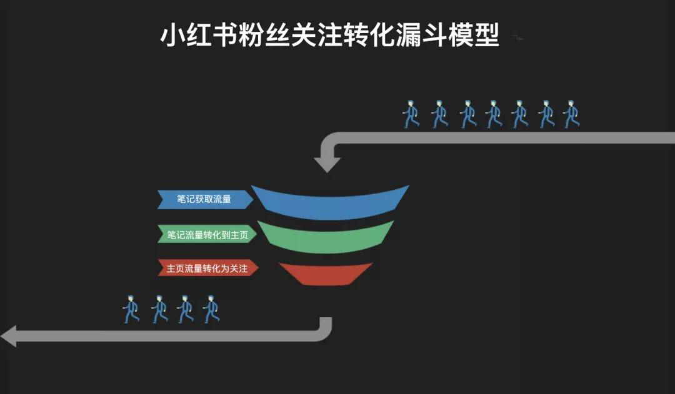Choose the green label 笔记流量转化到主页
coord(207,234)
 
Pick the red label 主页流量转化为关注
coord(207,268)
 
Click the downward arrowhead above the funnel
coord(327,165)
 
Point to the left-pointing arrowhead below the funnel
coord(9,336)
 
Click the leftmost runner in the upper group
coord(411,114)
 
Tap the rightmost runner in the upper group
coord(571,114)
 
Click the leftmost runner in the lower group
coord(131,309)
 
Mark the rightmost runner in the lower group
coord(211,309)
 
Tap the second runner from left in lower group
coord(159,309)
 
